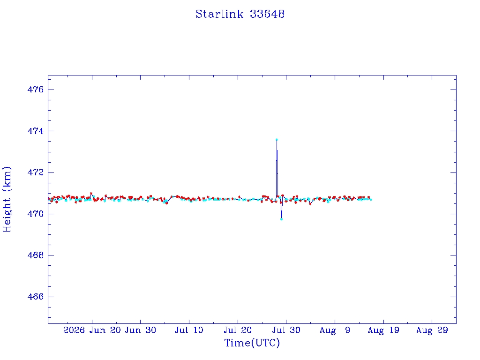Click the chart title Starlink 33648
click(x=240, y=14)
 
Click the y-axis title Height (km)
click(x=7, y=199)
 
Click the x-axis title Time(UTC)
click(x=252, y=343)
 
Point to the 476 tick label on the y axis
click(x=36, y=90)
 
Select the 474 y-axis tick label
click(x=36, y=131)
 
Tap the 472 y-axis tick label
click(x=36, y=172)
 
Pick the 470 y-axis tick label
click(x=36, y=214)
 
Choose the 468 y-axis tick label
click(x=36, y=255)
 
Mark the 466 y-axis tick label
click(x=36, y=297)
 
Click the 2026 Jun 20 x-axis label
click(x=92, y=330)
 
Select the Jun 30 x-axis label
click(x=141, y=330)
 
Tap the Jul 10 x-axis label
click(x=189, y=330)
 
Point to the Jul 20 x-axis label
click(x=238, y=330)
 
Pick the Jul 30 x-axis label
click(x=286, y=330)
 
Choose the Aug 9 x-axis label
click(x=335, y=330)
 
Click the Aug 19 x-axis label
click(x=383, y=330)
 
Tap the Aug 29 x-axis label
click(x=432, y=330)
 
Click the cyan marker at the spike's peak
click(x=277, y=140)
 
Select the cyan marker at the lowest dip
click(x=281, y=219)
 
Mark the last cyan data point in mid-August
click(x=371, y=200)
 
